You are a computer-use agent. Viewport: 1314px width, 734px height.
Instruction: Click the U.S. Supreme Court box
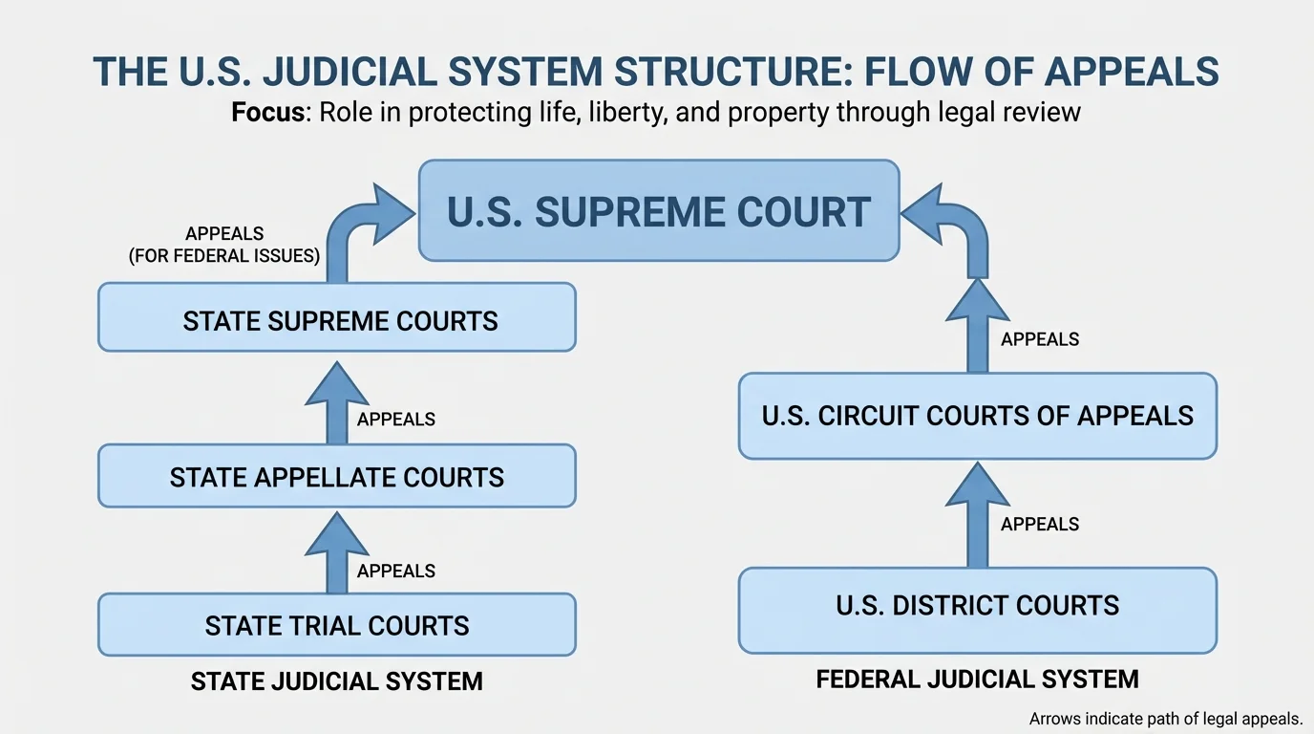click(659, 211)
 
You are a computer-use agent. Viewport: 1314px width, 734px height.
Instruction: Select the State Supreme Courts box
click(336, 317)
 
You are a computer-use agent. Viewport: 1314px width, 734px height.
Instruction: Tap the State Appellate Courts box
click(336, 476)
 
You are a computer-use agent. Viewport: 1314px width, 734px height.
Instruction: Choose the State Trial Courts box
click(336, 625)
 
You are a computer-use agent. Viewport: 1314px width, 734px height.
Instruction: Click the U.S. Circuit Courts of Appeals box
click(977, 416)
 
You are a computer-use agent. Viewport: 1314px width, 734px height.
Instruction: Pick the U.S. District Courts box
click(977, 606)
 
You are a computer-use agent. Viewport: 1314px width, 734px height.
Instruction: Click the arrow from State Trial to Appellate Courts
click(336, 553)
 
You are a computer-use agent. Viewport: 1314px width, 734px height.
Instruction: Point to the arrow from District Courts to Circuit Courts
click(977, 516)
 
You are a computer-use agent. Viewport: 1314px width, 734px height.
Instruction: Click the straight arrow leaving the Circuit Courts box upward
click(977, 330)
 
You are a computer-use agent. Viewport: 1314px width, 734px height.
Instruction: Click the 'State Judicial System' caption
click(336, 681)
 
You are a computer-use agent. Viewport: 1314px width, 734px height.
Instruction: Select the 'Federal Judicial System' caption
click(977, 680)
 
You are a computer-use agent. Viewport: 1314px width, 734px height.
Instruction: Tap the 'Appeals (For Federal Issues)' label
click(224, 246)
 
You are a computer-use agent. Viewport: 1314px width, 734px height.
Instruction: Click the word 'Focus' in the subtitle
click(268, 112)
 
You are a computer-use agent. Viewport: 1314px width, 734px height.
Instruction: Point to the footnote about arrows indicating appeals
click(1166, 719)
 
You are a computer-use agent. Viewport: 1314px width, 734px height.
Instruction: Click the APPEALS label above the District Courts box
click(1040, 524)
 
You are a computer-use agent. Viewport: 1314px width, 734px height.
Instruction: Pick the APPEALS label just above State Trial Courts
click(396, 571)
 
